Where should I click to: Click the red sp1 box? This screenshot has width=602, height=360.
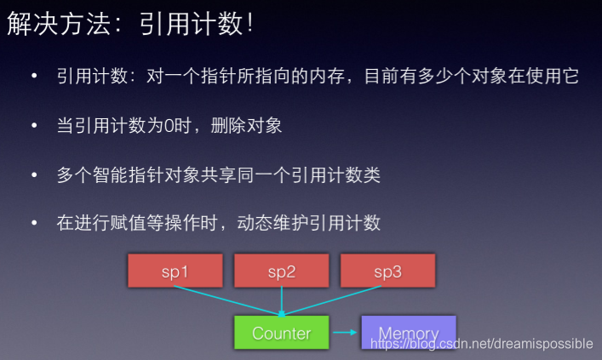click(x=174, y=270)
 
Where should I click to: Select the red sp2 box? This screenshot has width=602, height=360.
click(x=281, y=270)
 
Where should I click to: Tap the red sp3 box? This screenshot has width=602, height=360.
click(x=387, y=270)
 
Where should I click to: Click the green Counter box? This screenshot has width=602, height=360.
click(x=281, y=333)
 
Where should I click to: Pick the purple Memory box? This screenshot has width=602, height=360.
click(x=408, y=333)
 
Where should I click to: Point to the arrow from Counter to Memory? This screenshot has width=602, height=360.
click(x=344, y=333)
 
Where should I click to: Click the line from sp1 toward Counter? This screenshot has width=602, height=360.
click(x=225, y=300)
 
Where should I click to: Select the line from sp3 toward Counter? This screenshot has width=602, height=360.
click(x=336, y=300)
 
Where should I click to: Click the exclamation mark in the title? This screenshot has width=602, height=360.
click(x=249, y=25)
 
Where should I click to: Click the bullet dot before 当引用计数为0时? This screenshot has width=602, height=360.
click(x=35, y=126)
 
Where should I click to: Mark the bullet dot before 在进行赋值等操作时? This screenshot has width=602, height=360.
click(x=35, y=223)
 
